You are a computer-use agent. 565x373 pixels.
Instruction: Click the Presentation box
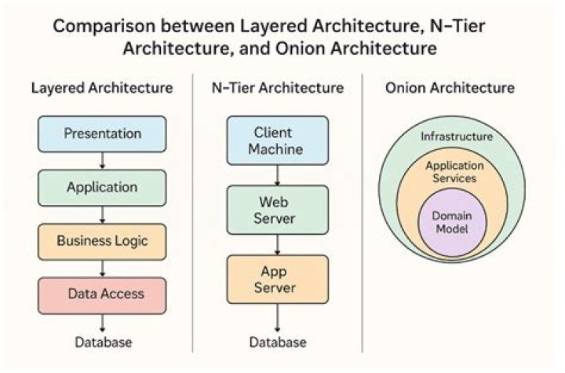pyautogui.click(x=102, y=133)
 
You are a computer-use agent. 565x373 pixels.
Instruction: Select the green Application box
pyautogui.click(x=102, y=187)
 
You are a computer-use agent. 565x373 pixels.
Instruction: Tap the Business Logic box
pyautogui.click(x=102, y=240)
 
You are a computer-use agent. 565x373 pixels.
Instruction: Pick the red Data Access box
pyautogui.click(x=102, y=294)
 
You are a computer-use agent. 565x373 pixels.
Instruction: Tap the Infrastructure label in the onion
pyautogui.click(x=457, y=137)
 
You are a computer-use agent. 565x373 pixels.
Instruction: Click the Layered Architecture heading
pyautogui.click(x=102, y=87)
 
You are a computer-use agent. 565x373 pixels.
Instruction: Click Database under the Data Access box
pyautogui.click(x=103, y=342)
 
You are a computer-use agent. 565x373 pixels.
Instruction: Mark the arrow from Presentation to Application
pyautogui.click(x=103, y=160)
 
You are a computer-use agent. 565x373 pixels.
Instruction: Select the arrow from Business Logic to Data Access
pyautogui.click(x=103, y=267)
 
